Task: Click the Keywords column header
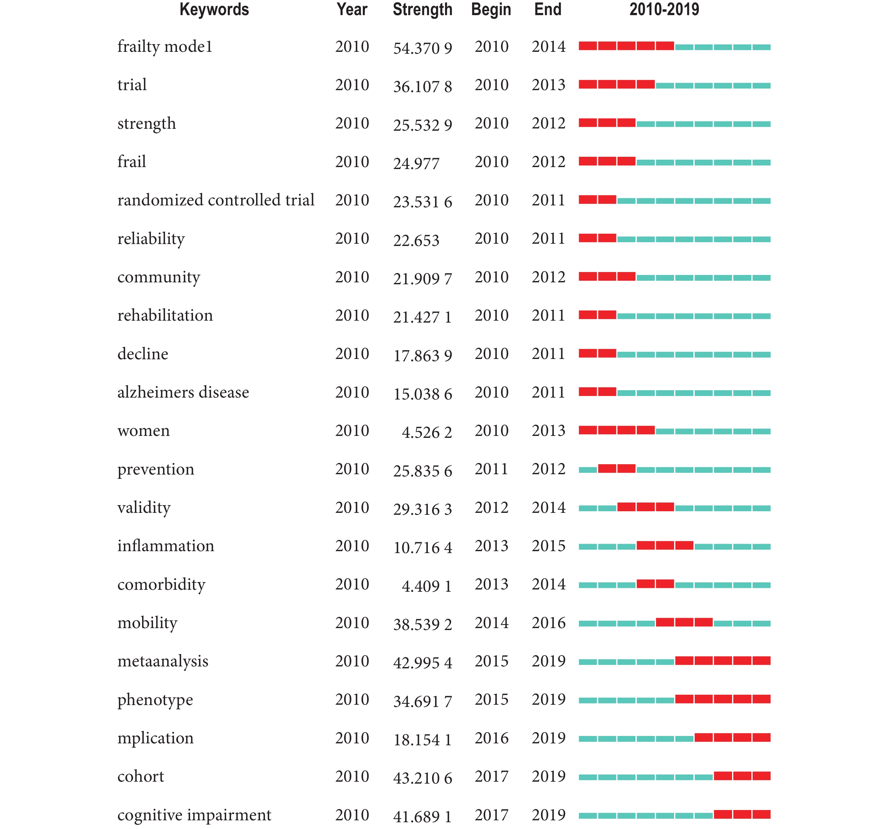pyautogui.click(x=214, y=10)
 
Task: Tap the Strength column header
pyautogui.click(x=422, y=10)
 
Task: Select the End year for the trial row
pyautogui.click(x=548, y=85)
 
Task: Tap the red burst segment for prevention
pyautogui.click(x=617, y=468)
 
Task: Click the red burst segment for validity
pyautogui.click(x=646, y=507)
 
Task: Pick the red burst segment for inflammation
pyautogui.click(x=665, y=545)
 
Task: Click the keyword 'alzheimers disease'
pyautogui.click(x=183, y=392)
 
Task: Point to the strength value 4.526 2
pyautogui.click(x=427, y=432)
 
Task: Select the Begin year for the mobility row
pyautogui.click(x=491, y=623)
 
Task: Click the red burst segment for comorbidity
pyautogui.click(x=655, y=583)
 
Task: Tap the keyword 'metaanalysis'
pyautogui.click(x=163, y=662)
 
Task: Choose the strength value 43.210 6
pyautogui.click(x=422, y=778)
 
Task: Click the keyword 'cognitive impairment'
pyautogui.click(x=194, y=815)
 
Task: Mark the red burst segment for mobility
pyautogui.click(x=684, y=622)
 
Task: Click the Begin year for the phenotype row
pyautogui.click(x=491, y=700)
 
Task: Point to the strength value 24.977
pyautogui.click(x=416, y=164)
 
